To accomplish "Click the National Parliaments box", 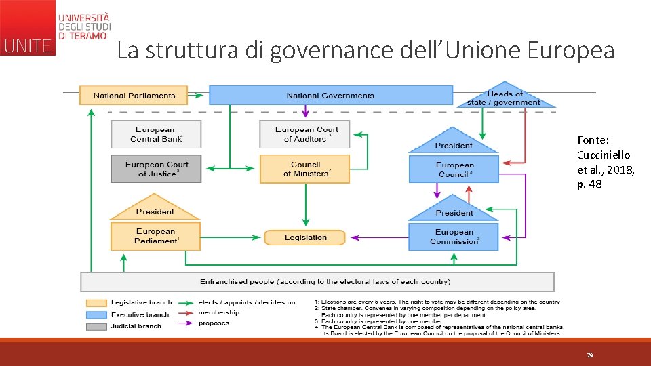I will (134, 96).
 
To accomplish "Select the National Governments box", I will (330, 96).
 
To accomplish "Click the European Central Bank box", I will (156, 134).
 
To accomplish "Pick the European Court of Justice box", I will (156, 169).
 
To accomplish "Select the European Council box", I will (454, 169).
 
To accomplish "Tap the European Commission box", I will (454, 236).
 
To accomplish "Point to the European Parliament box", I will (155, 236).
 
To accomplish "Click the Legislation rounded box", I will (305, 237).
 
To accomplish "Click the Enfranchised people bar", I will (317, 281).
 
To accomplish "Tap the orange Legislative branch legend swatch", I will (96, 303).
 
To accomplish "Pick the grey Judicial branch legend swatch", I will (96, 326).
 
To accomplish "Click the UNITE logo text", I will (27, 46).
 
